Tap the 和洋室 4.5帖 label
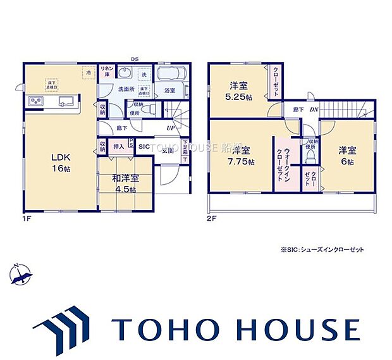[x=126, y=182]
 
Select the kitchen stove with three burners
[x=34, y=101]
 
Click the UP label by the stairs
[x=171, y=129]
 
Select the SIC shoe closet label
[x=145, y=146]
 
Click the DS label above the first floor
[x=135, y=59]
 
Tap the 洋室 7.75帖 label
[x=240, y=156]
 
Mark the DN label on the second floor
[x=314, y=110]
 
